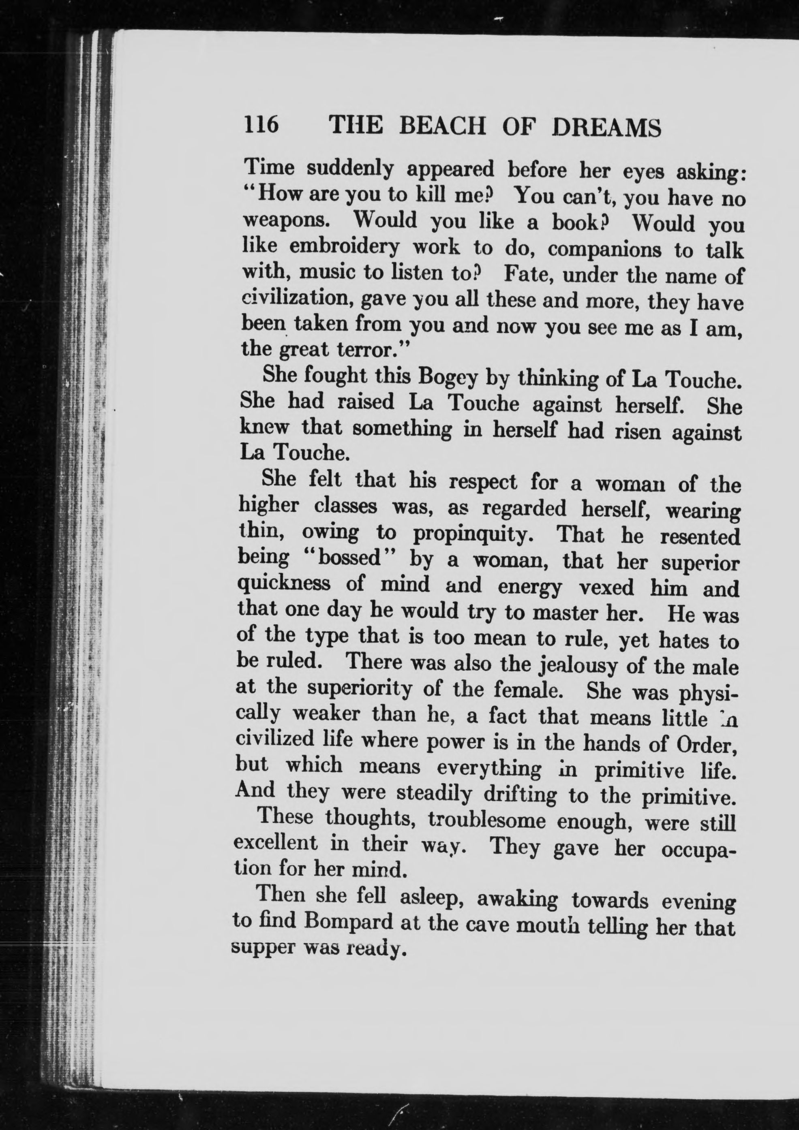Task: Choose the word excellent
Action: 276,844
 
